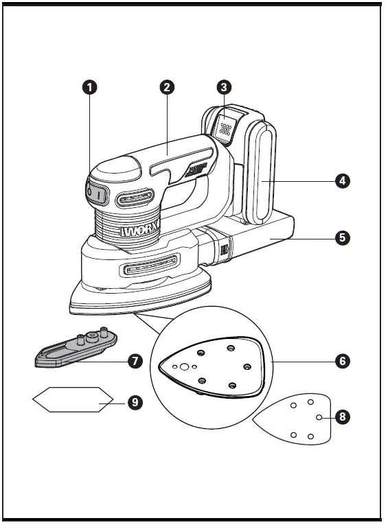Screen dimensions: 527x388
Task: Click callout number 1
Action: (89, 87)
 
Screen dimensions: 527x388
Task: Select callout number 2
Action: (166, 87)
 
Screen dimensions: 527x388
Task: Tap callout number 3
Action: (223, 87)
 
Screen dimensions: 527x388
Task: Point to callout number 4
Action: (342, 181)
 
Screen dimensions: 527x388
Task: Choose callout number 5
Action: (342, 237)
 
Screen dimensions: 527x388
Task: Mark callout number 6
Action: (342, 360)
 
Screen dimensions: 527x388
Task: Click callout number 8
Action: (341, 417)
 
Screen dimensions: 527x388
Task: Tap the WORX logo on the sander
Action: (140, 231)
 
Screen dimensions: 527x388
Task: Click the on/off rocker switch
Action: (95, 194)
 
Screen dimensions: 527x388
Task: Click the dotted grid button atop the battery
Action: (225, 128)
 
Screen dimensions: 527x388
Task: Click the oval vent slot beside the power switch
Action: (134, 200)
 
